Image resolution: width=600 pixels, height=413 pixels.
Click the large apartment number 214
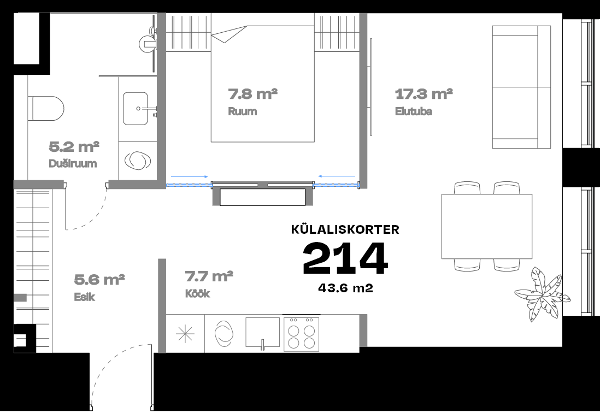tap(345, 258)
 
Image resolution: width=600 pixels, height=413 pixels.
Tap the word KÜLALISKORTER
tap(345, 229)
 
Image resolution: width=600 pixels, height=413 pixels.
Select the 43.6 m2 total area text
tap(345, 288)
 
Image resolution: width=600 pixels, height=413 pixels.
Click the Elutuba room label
tap(414, 111)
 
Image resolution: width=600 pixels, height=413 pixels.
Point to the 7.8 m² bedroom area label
tap(252, 94)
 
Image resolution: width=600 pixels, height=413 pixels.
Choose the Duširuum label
tap(73, 163)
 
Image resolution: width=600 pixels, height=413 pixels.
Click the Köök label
tap(197, 293)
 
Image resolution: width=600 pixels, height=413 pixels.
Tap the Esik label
tap(85, 297)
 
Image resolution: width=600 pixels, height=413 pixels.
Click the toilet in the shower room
tap(45, 108)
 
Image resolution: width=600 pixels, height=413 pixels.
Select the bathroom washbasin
tap(135, 108)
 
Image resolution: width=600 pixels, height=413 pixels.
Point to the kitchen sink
tap(262, 332)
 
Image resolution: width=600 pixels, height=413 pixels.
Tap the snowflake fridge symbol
tap(185, 334)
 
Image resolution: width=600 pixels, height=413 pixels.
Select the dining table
tap(487, 226)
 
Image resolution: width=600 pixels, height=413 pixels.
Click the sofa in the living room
tap(521, 87)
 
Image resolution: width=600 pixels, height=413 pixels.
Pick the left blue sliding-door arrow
tap(190, 176)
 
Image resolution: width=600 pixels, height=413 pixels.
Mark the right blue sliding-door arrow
tap(337, 176)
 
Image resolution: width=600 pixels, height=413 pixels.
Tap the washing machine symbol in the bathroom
tap(138, 161)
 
